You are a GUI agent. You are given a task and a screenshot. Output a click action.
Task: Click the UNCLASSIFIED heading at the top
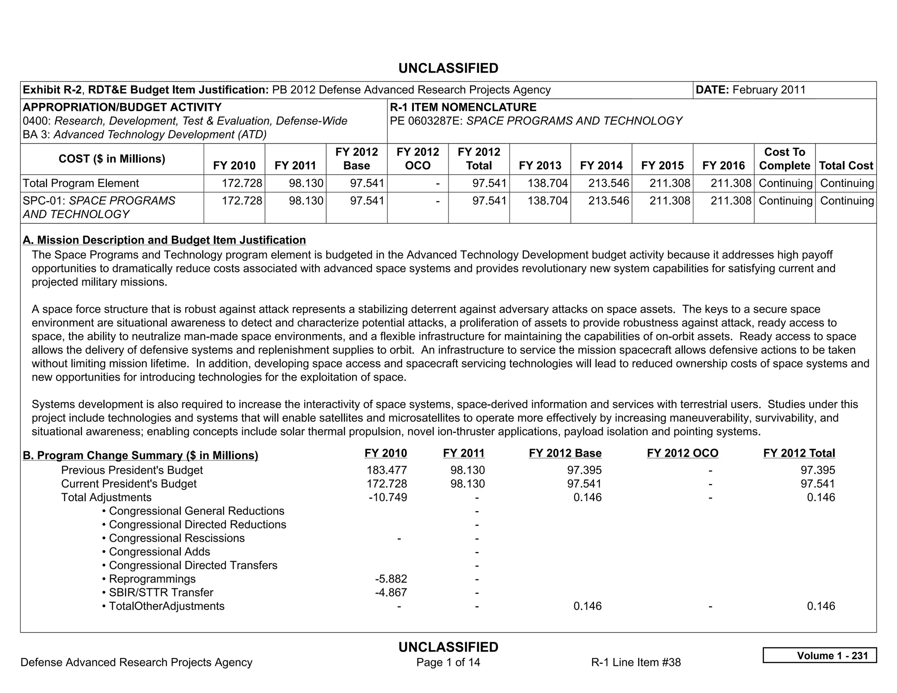click(x=448, y=68)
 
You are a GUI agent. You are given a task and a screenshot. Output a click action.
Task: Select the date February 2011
click(x=769, y=90)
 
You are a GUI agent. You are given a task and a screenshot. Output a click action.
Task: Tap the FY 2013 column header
click(x=540, y=166)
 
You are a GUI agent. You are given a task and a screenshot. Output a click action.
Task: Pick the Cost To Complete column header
click(x=784, y=159)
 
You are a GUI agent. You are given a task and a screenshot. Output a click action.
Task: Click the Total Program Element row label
click(x=81, y=183)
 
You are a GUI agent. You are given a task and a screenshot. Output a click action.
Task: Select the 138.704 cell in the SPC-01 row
click(x=547, y=201)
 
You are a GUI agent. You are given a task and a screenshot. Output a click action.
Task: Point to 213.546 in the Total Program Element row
click(x=608, y=183)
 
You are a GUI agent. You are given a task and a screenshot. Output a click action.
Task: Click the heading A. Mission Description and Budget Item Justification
click(x=164, y=240)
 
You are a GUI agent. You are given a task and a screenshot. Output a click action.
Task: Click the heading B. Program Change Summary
click(x=140, y=456)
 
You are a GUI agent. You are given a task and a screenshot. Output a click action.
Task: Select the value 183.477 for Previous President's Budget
click(x=387, y=470)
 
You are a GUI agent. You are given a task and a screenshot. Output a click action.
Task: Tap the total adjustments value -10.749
click(x=388, y=497)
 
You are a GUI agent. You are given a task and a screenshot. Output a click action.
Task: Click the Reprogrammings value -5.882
click(x=391, y=579)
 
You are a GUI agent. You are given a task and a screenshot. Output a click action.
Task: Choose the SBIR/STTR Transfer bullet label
click(x=161, y=592)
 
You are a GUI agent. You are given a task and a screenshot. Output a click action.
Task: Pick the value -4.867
click(x=391, y=592)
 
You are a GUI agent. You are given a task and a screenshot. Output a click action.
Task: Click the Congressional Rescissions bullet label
click(x=177, y=538)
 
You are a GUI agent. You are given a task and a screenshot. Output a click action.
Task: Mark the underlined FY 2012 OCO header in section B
click(x=682, y=453)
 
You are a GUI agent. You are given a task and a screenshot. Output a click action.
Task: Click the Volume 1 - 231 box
click(x=819, y=655)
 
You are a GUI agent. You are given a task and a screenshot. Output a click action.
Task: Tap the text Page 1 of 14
click(x=448, y=662)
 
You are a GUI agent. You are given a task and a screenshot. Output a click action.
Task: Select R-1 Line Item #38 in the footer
click(x=636, y=662)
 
